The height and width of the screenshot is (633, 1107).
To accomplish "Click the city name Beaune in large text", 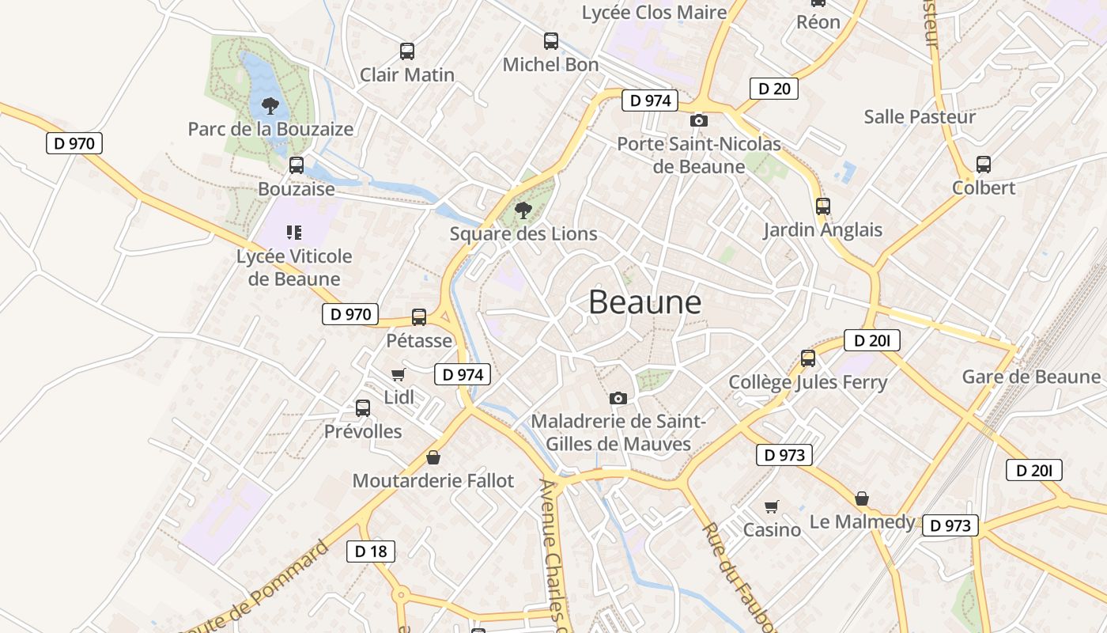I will (644, 302).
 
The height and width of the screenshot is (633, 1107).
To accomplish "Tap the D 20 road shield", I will (773, 89).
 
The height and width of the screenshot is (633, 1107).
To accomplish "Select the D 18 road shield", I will (370, 552).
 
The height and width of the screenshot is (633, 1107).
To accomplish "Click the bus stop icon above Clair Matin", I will (407, 51).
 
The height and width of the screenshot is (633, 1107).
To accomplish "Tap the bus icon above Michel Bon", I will (551, 41).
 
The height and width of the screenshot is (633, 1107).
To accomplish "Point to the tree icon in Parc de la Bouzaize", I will (270, 105).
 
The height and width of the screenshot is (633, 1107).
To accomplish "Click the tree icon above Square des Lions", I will (523, 210).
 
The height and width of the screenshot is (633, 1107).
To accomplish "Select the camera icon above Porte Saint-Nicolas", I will (699, 121).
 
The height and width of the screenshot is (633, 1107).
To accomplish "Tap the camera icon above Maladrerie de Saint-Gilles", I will (618, 398).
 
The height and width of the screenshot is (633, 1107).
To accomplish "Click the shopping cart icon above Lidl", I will (399, 374).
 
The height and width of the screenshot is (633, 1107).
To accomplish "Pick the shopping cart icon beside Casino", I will (772, 506).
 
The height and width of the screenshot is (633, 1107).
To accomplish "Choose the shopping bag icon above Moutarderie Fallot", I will (433, 457).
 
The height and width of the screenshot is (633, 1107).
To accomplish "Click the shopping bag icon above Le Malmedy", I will (862, 499).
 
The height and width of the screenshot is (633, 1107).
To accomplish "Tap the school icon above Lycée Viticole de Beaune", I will (294, 233).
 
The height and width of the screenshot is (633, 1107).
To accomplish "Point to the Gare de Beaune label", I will (1031, 377).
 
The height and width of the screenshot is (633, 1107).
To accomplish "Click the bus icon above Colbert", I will (984, 165).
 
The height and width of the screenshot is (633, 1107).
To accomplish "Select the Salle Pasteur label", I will (920, 117).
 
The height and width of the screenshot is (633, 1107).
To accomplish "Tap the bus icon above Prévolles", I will (363, 408).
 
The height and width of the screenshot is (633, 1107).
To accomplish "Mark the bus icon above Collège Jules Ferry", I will (808, 358).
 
